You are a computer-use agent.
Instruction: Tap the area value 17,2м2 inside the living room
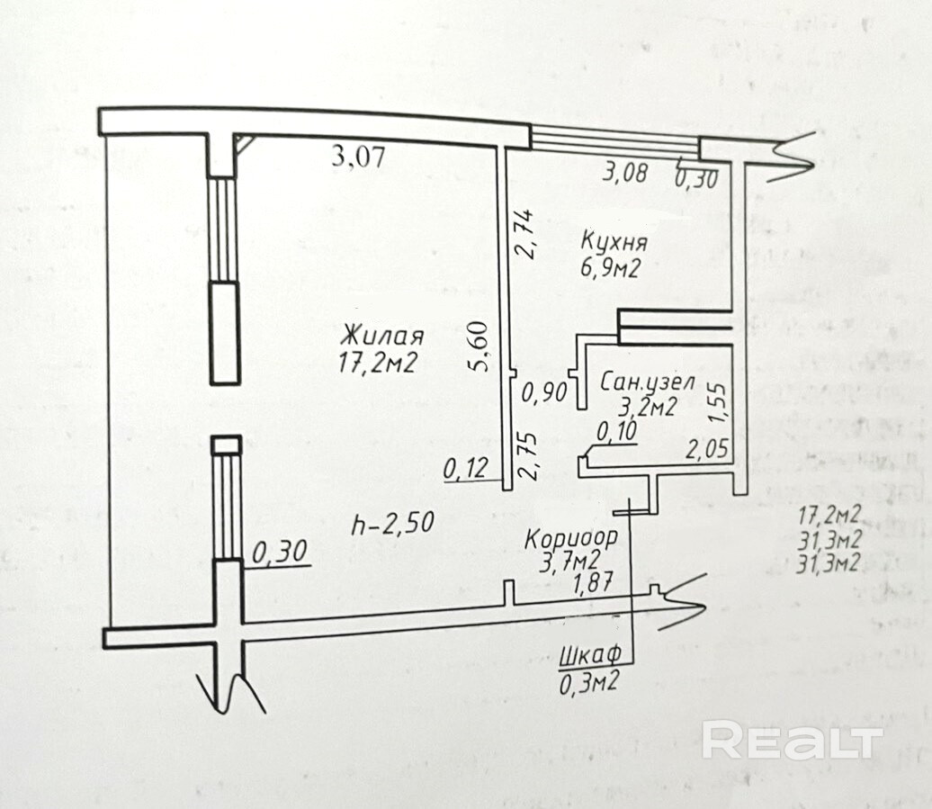(x=381, y=363)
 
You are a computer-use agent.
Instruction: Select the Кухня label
(x=615, y=242)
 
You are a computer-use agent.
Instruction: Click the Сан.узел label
(x=647, y=382)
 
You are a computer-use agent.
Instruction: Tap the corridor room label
(x=571, y=540)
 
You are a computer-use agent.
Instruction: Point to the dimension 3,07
(x=358, y=157)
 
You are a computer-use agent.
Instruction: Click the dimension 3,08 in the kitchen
(x=625, y=172)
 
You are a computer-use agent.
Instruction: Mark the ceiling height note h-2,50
(x=394, y=522)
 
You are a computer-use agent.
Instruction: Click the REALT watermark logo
(x=792, y=741)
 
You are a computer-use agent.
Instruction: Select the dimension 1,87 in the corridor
(x=593, y=583)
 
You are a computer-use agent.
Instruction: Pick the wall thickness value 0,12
(x=465, y=469)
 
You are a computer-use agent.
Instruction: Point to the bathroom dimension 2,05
(x=706, y=447)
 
